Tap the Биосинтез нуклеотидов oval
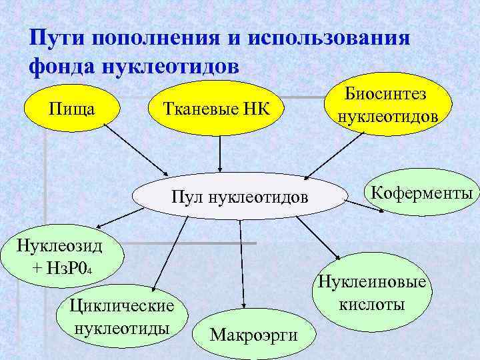click(x=386, y=105)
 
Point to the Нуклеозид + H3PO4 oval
click(x=60, y=256)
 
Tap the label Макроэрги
click(x=253, y=334)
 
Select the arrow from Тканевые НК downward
click(x=219, y=153)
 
